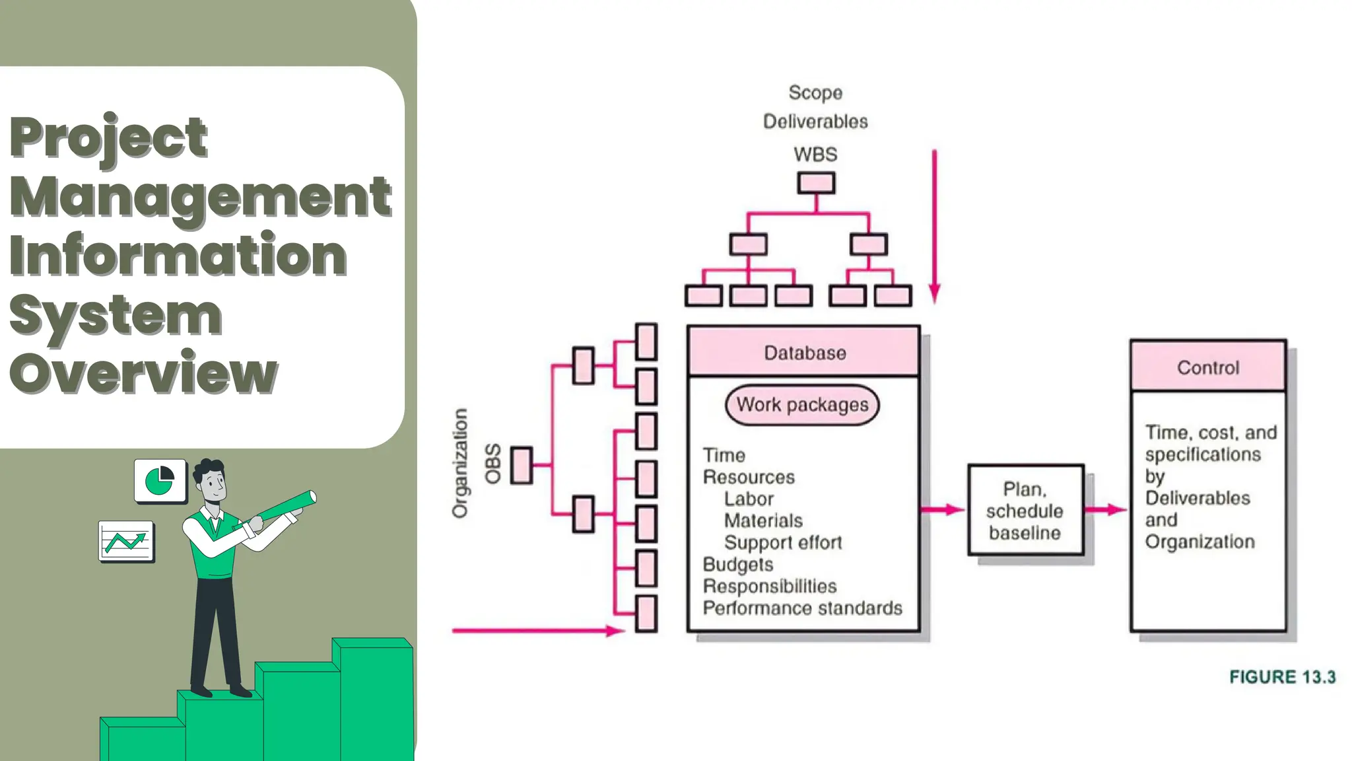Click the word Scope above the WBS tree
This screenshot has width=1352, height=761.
[x=815, y=92]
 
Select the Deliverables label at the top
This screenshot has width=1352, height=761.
[x=815, y=122]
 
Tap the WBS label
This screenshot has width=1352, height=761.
[x=815, y=155]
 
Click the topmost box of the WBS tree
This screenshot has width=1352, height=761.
[x=816, y=183]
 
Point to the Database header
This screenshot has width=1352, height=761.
[x=804, y=351]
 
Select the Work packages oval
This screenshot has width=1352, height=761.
[x=802, y=405]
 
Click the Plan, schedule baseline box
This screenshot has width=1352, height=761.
[x=1025, y=510]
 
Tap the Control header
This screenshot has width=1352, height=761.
[x=1208, y=367]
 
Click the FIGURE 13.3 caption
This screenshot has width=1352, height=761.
[x=1282, y=677]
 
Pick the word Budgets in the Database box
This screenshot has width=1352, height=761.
[x=737, y=565]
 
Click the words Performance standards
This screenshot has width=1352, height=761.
[x=802, y=608]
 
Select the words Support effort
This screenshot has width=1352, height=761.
[x=783, y=542]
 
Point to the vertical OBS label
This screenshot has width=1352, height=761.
[x=493, y=464]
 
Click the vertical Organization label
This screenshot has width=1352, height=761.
[x=460, y=463]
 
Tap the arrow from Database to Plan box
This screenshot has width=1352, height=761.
[x=943, y=509]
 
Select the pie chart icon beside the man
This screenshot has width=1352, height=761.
[x=160, y=480]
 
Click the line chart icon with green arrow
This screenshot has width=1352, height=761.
[x=126, y=542]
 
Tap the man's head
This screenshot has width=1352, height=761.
[x=212, y=480]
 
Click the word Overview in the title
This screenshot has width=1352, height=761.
[x=143, y=373]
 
